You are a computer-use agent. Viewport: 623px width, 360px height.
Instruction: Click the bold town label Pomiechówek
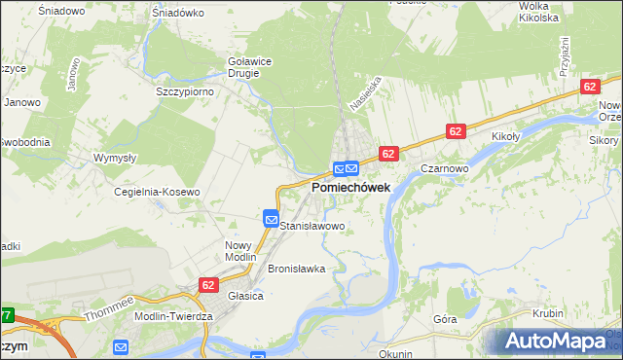(350, 187)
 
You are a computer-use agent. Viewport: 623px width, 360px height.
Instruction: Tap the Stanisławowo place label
(312, 226)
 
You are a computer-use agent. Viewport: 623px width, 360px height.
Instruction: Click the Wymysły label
(114, 158)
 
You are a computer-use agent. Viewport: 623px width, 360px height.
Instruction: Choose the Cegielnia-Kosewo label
(158, 192)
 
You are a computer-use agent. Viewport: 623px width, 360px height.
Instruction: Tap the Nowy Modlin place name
(238, 252)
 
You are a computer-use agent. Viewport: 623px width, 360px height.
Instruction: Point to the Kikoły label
(507, 137)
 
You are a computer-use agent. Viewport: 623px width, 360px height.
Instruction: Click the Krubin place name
(548, 313)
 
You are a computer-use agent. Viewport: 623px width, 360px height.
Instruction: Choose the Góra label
(445, 318)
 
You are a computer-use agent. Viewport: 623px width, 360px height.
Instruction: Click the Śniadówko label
(177, 13)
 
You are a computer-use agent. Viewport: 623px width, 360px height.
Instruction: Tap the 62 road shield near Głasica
(208, 284)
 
